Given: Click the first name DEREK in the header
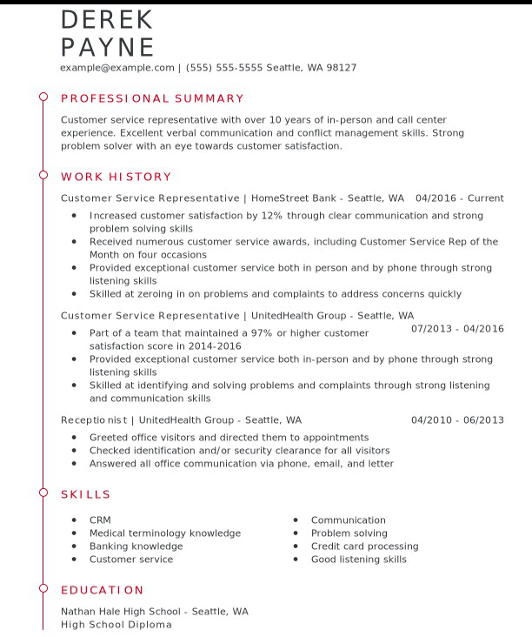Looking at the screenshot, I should [x=107, y=19].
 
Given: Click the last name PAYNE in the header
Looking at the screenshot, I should [x=108, y=47].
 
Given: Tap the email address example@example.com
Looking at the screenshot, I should [x=117, y=68].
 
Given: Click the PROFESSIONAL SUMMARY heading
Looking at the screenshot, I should [x=152, y=98].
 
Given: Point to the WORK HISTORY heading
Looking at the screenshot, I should [x=116, y=177].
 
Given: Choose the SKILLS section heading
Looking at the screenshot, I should [x=86, y=494].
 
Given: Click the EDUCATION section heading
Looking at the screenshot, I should [x=102, y=590].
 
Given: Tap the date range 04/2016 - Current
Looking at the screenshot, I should [x=459, y=198].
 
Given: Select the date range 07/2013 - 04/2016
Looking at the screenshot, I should [x=457, y=329].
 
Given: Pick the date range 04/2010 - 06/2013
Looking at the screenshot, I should [x=457, y=420].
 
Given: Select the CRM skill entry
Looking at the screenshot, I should [x=100, y=520].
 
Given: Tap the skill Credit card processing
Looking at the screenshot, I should [x=364, y=546].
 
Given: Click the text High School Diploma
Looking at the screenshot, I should [x=116, y=625].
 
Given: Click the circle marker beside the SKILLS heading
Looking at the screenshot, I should [x=43, y=493].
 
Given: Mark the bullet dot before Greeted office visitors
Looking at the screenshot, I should [x=75, y=438].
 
